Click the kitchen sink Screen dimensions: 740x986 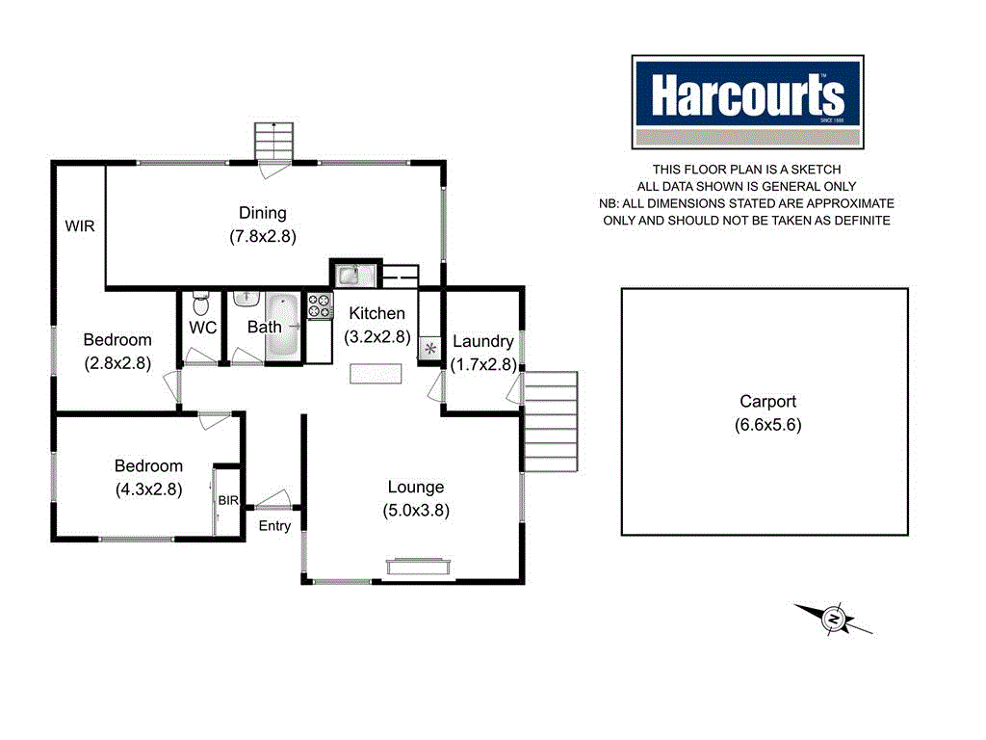(349, 276)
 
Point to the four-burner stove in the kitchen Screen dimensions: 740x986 (319, 306)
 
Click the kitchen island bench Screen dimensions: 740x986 (375, 373)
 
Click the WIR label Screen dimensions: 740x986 (80, 225)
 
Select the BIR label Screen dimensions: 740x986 (228, 500)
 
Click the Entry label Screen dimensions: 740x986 (274, 525)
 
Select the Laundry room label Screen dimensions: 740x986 (482, 341)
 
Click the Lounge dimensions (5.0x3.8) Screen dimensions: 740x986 (416, 510)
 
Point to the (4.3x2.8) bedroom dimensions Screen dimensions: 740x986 (148, 489)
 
